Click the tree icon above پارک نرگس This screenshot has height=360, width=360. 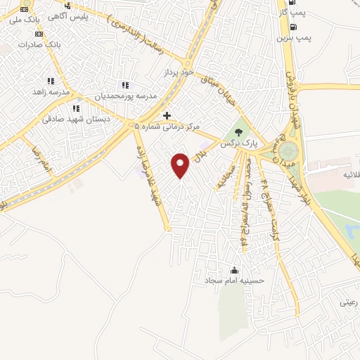pyautogui.click(x=239, y=131)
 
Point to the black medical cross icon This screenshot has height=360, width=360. pyautogui.click(x=167, y=115)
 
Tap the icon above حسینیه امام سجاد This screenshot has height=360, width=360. pyautogui.click(x=234, y=270)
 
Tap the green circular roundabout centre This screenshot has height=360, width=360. pyautogui.click(x=288, y=150)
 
